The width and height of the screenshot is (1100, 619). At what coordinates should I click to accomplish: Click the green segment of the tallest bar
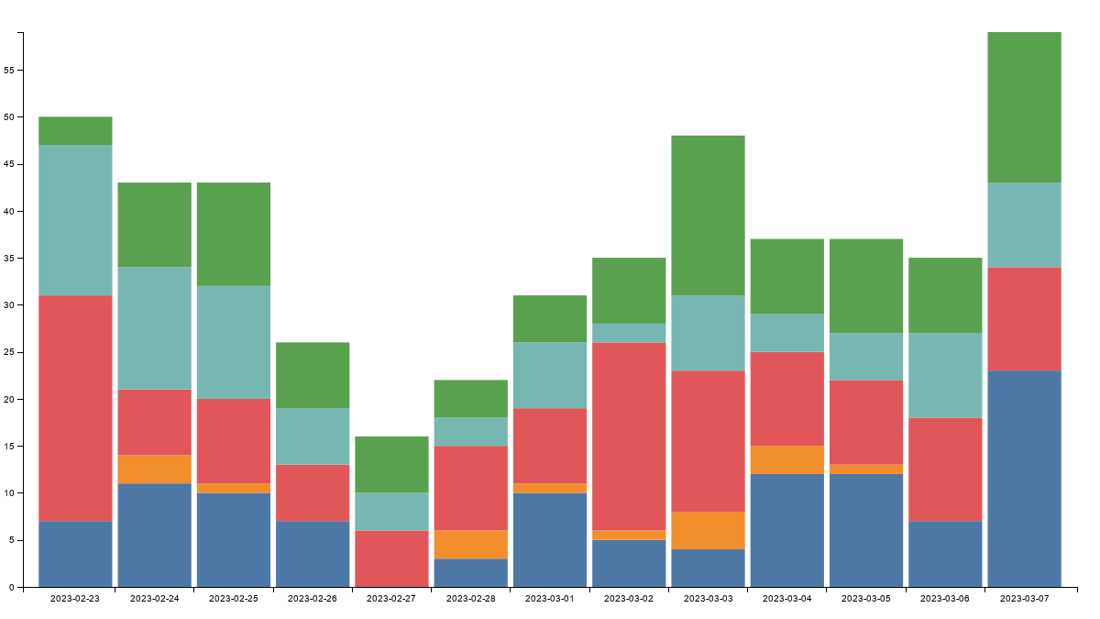[1024, 107]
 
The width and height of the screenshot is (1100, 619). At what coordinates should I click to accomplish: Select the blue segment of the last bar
[1024, 478]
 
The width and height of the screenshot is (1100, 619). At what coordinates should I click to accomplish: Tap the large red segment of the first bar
[75, 407]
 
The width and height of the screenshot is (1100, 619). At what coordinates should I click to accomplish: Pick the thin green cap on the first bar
[75, 130]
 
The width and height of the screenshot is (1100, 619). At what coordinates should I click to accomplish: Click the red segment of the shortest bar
[391, 558]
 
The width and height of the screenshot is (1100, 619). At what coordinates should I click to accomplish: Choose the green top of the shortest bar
[391, 464]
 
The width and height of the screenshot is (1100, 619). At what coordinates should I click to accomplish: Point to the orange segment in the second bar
[154, 469]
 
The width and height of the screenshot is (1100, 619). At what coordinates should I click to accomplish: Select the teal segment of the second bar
[154, 328]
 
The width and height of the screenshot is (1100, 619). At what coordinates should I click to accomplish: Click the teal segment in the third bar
[233, 342]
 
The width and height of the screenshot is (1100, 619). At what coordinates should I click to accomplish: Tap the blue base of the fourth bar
[313, 553]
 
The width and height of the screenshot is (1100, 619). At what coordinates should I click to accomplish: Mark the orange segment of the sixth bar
[470, 544]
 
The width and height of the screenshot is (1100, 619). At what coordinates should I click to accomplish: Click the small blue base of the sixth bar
[470, 572]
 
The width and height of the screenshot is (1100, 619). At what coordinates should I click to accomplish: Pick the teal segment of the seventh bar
[549, 375]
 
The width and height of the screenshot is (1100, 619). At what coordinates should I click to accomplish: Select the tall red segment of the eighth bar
[629, 436]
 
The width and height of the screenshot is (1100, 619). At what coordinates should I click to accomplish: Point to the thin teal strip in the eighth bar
[629, 333]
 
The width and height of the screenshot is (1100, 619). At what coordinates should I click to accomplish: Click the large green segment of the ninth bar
[708, 215]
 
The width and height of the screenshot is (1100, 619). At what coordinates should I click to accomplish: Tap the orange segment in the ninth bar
[708, 530]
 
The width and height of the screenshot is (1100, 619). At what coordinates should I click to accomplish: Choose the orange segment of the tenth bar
[786, 459]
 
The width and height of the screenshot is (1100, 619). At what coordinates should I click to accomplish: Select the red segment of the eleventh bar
[865, 422]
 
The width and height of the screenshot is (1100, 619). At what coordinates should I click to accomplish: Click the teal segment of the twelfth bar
[945, 375]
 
